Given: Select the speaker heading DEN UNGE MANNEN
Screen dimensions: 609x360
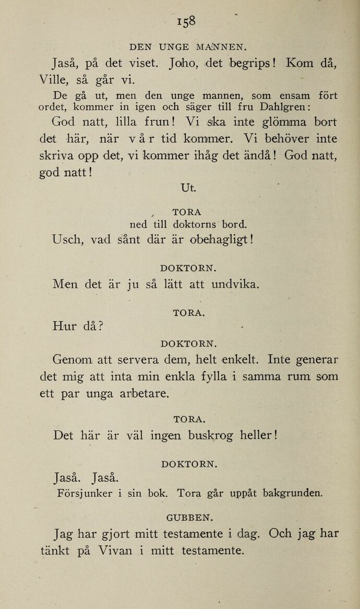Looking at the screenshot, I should click(188, 46).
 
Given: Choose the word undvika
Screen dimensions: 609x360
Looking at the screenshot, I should click(234, 285).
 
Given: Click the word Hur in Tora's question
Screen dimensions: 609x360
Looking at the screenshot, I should click(65, 326).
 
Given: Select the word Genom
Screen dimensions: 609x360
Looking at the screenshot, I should click(72, 359).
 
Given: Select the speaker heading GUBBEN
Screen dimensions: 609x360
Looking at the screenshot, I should click(189, 518).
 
